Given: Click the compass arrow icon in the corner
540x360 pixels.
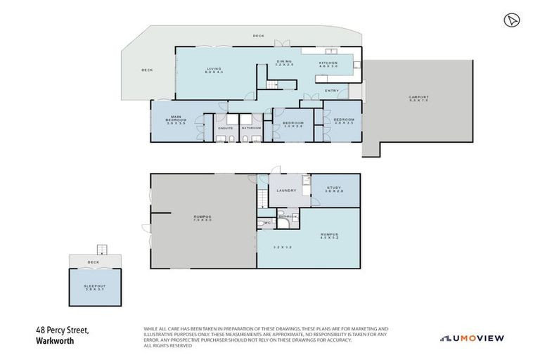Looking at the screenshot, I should (x=510, y=20).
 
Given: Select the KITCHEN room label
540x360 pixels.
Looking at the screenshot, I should (x=328, y=63).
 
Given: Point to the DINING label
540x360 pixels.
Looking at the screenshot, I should (x=284, y=61).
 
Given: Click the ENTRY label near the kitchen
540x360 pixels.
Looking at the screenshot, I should (x=332, y=91).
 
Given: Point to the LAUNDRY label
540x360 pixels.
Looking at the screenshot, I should (x=285, y=190).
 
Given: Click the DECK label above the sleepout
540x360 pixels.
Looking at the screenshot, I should (x=94, y=262).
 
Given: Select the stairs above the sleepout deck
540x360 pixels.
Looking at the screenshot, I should (x=101, y=249).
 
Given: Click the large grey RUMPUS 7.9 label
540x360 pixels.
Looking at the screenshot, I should (x=202, y=218).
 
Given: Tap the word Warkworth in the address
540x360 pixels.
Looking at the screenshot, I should (x=55, y=341).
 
